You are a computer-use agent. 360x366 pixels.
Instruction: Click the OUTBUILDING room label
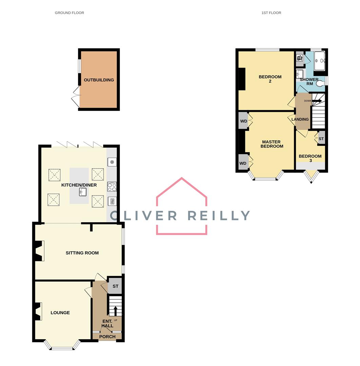coord(99,80)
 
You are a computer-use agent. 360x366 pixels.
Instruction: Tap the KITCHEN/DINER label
coord(79,185)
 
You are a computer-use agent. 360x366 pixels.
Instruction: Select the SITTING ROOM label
coord(82,253)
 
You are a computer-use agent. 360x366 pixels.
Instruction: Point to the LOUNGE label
coord(60,312)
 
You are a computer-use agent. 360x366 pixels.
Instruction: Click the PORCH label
coord(108,337)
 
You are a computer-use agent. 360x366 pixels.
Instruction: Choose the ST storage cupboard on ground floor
coord(115,286)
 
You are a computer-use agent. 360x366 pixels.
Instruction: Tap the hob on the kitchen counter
coord(112,186)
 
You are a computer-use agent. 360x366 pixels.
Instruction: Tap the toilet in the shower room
coord(319,83)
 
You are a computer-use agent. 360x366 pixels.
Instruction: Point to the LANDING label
coord(300,119)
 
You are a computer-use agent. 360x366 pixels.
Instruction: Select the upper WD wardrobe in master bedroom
coord(243,121)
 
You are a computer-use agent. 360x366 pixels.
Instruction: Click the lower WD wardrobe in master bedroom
coord(243,163)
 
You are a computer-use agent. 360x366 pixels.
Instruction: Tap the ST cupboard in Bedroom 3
coord(321,139)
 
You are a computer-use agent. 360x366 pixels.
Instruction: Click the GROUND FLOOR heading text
coord(70,13)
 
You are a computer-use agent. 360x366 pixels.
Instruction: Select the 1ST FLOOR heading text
coord(271,13)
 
